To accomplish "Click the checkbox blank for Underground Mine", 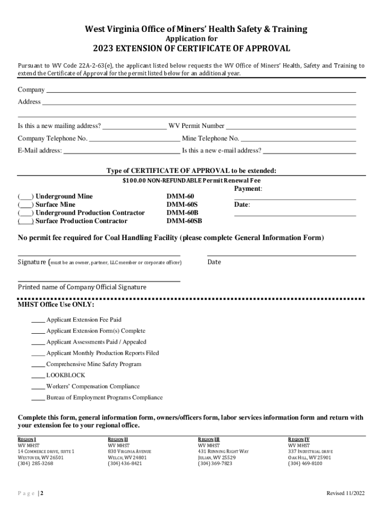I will pyautogui.click(x=26, y=197).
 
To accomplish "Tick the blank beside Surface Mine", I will pyautogui.click(x=26, y=205).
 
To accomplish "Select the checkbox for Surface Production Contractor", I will pyautogui.click(x=26, y=221).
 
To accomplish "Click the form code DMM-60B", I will pyautogui.click(x=182, y=213).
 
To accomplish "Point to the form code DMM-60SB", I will pyautogui.click(x=184, y=221).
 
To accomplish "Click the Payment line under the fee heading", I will pyautogui.click(x=295, y=199).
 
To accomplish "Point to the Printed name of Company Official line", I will pyautogui.click(x=99, y=281).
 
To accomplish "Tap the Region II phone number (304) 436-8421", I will pyautogui.click(x=125, y=464).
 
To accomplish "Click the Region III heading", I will pyautogui.click(x=209, y=440).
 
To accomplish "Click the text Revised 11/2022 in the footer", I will pyautogui.click(x=345, y=494).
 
